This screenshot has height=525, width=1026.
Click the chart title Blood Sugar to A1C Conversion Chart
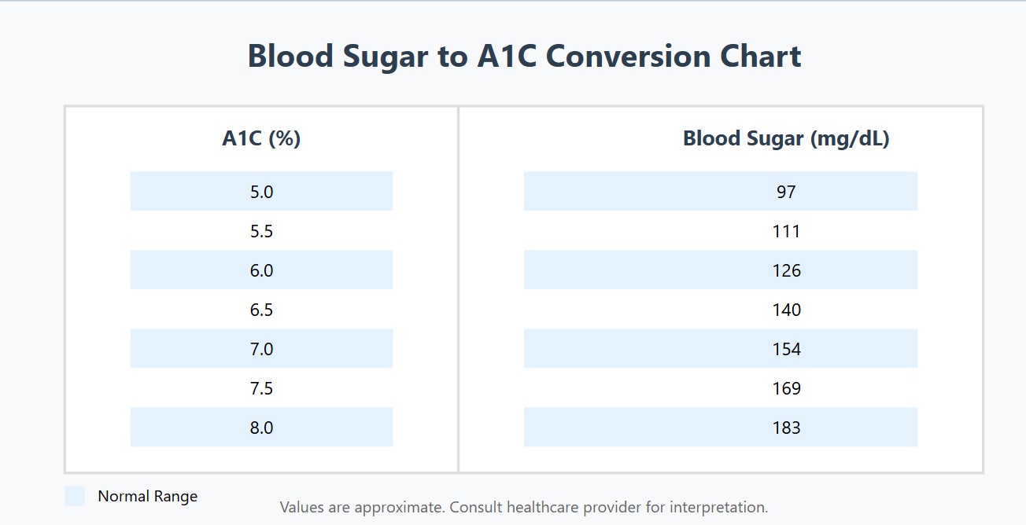point(524,57)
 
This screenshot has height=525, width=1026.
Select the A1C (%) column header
point(261,139)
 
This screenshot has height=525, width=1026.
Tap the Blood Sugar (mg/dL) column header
point(786,139)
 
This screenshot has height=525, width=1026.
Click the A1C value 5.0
point(261,192)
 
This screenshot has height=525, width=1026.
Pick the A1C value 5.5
point(261,231)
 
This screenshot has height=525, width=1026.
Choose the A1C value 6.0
point(261,270)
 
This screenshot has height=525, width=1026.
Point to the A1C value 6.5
point(261,310)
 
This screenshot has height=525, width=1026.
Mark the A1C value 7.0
point(261,349)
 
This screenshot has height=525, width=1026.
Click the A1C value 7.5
point(261,388)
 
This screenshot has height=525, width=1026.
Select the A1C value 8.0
point(261,428)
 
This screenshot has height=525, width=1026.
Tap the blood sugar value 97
point(786,192)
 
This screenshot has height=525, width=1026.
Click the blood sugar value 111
point(786,231)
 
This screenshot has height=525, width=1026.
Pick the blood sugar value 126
point(786,270)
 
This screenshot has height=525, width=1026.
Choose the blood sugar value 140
point(786,310)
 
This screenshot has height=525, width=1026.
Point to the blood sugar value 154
point(786,349)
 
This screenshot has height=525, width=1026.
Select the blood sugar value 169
point(786,388)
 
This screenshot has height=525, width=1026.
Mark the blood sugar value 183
point(786,428)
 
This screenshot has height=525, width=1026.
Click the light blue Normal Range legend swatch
point(75,496)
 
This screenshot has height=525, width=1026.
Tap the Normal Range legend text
point(147,497)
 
